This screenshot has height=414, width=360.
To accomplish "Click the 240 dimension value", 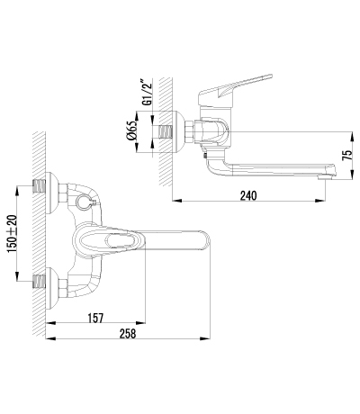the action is (248, 195).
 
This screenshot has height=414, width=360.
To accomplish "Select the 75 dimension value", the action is (347, 156).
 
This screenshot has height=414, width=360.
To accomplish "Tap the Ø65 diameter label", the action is (132, 132).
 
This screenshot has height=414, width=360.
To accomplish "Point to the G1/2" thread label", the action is (148, 93).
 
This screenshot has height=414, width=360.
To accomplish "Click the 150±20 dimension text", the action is (13, 233).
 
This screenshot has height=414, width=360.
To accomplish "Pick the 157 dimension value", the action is (95, 318).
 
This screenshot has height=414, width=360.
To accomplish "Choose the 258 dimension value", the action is (128, 334).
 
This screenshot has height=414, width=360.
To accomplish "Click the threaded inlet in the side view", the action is (166, 132).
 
